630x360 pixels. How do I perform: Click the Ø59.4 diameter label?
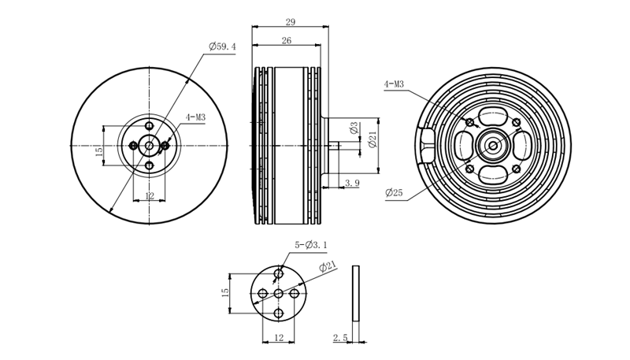(x=222, y=46)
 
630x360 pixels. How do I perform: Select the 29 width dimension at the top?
(x=290, y=22)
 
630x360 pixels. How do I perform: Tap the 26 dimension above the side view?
(x=287, y=41)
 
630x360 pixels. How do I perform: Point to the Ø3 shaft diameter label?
(x=354, y=128)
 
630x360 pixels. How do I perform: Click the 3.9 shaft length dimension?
(x=352, y=184)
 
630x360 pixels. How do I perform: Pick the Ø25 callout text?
(x=394, y=192)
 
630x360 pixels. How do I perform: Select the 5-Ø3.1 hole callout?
(x=310, y=245)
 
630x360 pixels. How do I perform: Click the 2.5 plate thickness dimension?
(x=340, y=337)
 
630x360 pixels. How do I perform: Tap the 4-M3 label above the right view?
(x=394, y=84)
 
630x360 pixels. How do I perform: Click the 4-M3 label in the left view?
(x=195, y=117)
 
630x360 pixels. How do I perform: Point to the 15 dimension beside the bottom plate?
(x=225, y=292)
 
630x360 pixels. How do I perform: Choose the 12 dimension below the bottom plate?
(x=279, y=337)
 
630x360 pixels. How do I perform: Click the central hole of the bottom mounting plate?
(x=279, y=294)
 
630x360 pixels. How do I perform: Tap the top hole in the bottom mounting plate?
(x=279, y=274)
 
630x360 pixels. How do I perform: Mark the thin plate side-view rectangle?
(x=356, y=293)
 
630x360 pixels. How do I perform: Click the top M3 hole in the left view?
(x=150, y=126)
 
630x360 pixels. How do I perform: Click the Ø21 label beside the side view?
(x=372, y=139)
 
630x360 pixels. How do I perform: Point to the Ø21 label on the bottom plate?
(x=328, y=266)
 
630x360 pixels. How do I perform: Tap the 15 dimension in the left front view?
(x=99, y=151)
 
